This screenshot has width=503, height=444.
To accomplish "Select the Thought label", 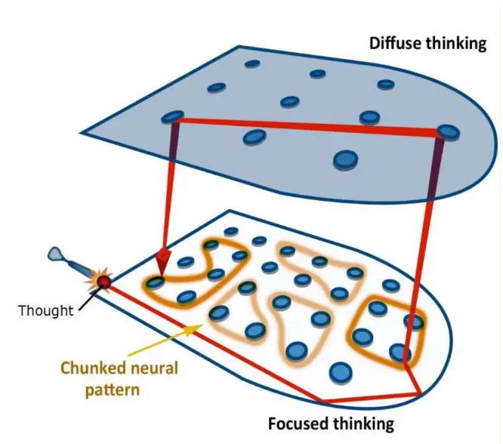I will click(45, 310).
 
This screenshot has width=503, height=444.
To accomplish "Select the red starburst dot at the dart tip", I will click(102, 282).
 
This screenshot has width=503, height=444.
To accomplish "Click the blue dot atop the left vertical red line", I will click(173, 117).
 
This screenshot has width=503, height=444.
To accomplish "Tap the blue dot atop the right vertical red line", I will click(448, 133).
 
